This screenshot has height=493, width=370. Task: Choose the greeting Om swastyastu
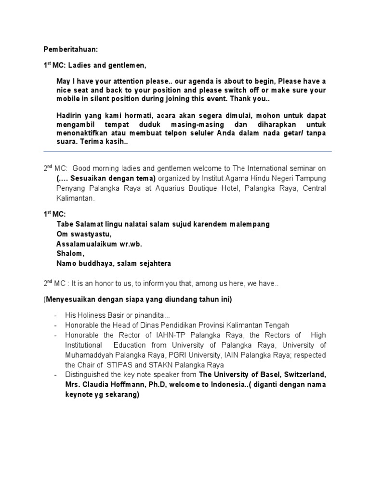(84, 234)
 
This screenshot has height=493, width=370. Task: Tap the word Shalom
(70, 254)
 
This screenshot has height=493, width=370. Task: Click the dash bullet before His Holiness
(56, 315)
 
